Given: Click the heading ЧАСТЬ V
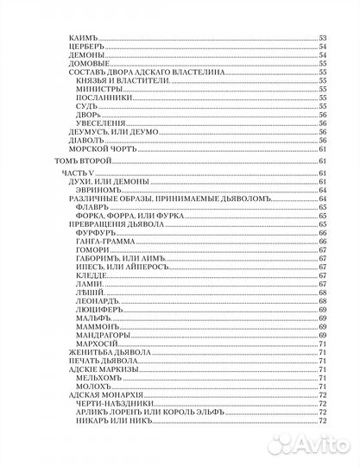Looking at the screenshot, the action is pyautogui.click(x=79, y=174).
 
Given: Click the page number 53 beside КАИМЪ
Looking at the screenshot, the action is pyautogui.click(x=323, y=38).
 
